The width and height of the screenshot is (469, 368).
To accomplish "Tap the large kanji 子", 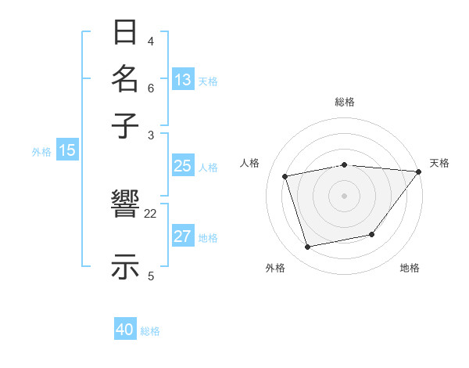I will click(126, 125).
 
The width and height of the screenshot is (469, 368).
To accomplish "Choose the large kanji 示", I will click(126, 266).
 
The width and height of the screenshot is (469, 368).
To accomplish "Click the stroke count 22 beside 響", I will click(151, 213).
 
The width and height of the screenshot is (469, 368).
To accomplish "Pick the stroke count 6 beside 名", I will click(151, 88).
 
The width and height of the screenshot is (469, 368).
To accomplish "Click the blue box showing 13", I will click(183, 80).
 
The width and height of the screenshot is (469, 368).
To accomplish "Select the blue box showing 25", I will click(182, 166).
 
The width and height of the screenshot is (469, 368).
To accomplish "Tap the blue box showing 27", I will click(182, 236).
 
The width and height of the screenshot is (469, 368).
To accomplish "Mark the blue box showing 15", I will click(67, 151).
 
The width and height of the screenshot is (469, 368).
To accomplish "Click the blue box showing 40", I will click(125, 330).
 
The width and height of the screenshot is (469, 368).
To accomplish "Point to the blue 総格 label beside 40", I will click(150, 331).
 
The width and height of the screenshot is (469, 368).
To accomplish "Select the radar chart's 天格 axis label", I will click(439, 163).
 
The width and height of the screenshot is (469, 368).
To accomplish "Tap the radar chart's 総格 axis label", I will click(345, 102).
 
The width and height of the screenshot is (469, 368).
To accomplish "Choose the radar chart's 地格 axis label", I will click(410, 268).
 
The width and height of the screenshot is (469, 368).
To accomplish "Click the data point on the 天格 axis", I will click(418, 171).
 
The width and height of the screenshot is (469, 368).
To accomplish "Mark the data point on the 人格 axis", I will click(285, 176).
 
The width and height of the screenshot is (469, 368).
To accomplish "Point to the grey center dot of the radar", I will click(344, 195).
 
